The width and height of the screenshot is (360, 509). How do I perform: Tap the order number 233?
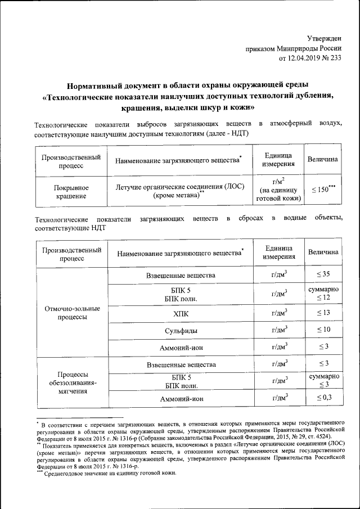click(x=334, y=57)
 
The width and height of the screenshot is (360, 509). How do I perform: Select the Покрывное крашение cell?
click(x=70, y=192)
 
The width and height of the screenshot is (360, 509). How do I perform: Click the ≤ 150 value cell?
click(x=322, y=190)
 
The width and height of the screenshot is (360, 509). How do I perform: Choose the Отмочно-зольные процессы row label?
click(x=71, y=313)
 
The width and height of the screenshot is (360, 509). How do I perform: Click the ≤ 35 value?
click(x=322, y=274)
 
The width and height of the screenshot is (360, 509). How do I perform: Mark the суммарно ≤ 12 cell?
click(x=322, y=292)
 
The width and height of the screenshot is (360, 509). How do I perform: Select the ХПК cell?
click(x=180, y=313)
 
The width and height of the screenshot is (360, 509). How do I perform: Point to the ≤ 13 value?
click(x=322, y=313)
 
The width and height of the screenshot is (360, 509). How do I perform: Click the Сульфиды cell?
click(x=180, y=330)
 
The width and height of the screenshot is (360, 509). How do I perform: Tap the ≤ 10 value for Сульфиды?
click(x=322, y=329)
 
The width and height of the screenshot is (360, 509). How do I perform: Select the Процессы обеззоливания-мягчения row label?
click(x=71, y=383)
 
